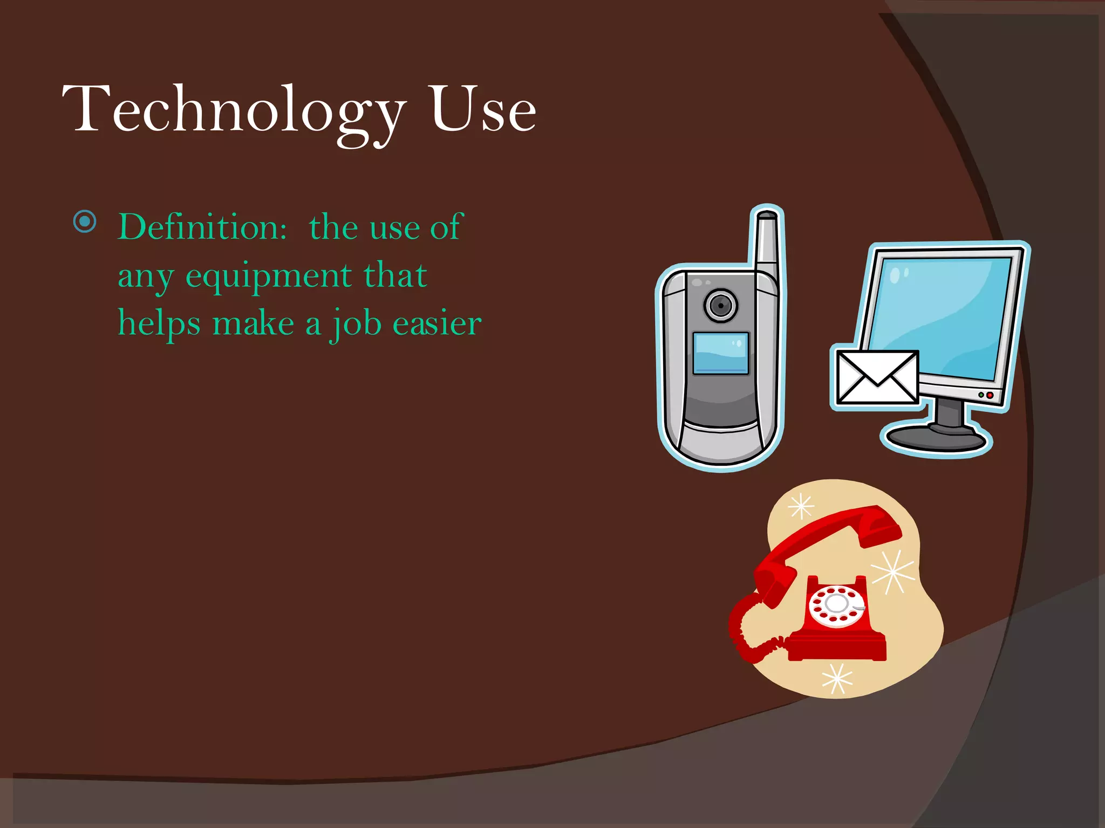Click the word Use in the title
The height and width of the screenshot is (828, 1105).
tap(483, 111)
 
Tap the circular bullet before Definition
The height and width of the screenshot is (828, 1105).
tap(85, 222)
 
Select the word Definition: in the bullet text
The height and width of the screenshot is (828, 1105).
tap(202, 227)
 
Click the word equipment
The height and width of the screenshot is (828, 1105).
tap(268, 277)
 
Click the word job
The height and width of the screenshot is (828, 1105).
tap(355, 324)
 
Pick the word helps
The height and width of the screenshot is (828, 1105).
tap(159, 324)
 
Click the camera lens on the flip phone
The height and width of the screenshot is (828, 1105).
tap(720, 306)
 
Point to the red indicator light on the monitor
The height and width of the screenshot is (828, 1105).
tap(990, 395)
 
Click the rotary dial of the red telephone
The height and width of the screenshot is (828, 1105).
tap(837, 605)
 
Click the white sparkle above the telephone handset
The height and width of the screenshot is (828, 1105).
tap(801, 506)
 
